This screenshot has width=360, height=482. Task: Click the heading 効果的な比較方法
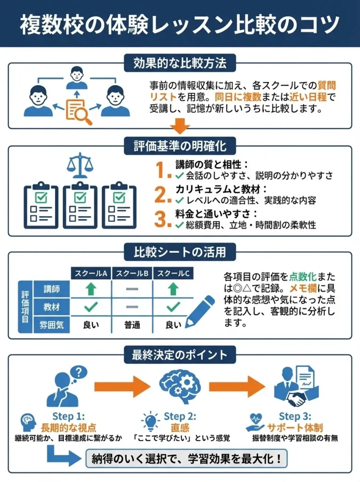[180, 63]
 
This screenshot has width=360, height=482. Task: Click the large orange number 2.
[162, 194]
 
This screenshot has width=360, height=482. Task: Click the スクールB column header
[132, 273]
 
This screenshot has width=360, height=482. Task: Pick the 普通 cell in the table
[132, 324]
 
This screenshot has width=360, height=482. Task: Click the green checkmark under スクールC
[173, 307]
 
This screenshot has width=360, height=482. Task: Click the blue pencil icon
[200, 311]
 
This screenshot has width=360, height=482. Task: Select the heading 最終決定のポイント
[180, 354]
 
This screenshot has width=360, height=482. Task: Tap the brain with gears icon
[180, 386]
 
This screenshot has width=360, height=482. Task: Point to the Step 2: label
[180, 416]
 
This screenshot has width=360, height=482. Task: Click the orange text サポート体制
[295, 427]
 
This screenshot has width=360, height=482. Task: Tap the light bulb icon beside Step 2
[151, 420]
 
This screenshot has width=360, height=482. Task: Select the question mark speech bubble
[80, 372]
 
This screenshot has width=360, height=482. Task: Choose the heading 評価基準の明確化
[180, 146]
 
